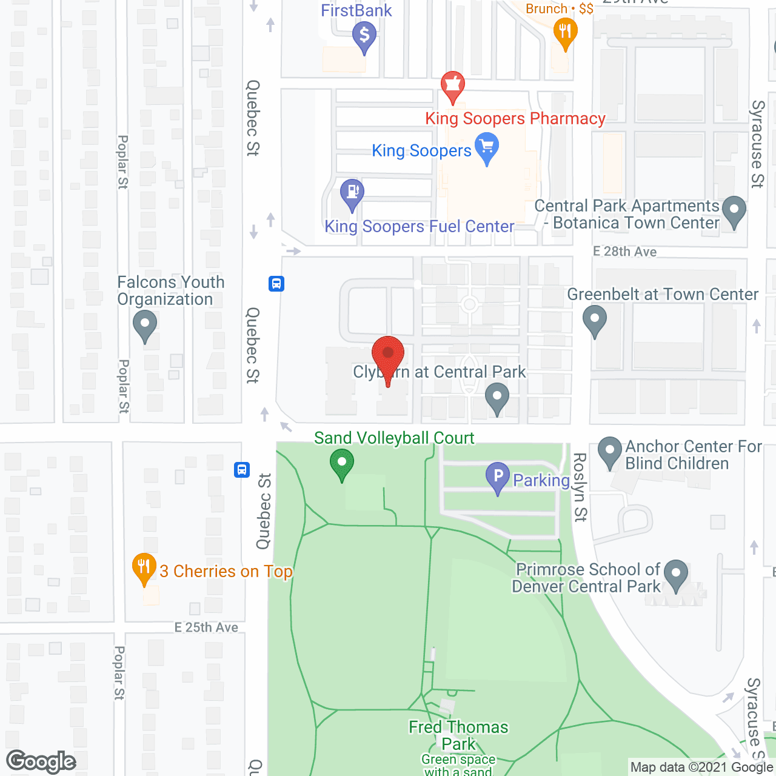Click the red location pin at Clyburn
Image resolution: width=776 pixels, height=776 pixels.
388,354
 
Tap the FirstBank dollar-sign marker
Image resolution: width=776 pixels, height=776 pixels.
364,35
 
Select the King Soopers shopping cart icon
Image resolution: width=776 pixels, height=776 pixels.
487,148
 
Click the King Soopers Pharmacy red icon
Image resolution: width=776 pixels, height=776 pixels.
452,85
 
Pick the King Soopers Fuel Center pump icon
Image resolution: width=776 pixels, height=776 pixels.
352,193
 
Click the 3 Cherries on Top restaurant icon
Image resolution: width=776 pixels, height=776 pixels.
144,567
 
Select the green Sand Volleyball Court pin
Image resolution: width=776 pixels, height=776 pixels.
342,463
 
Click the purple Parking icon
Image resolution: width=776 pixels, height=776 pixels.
498,477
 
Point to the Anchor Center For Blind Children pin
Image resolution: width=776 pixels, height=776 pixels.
610,452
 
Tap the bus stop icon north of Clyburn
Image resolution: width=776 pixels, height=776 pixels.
276,283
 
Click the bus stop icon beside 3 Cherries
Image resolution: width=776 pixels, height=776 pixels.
242,469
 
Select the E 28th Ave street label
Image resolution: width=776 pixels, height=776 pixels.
624,252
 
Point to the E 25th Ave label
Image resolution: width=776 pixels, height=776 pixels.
206,627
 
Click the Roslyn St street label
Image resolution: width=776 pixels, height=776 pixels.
580,487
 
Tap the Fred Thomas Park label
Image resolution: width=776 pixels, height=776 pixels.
458,735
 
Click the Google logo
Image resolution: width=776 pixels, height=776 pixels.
41,761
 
